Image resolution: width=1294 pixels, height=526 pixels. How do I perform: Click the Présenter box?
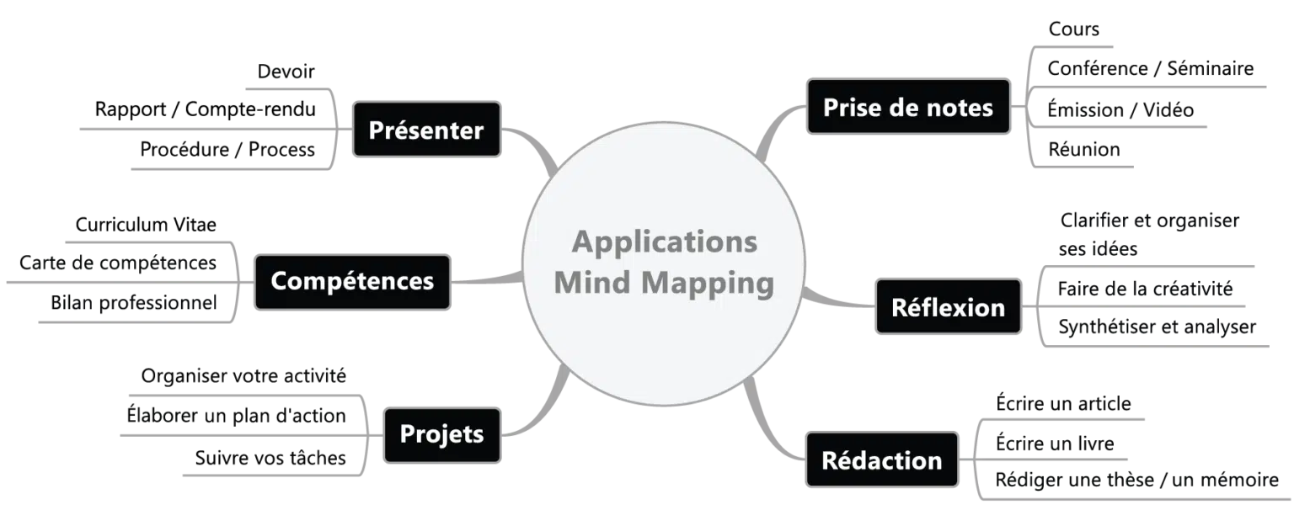click(427, 130)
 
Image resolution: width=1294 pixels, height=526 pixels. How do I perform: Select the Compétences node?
click(352, 280)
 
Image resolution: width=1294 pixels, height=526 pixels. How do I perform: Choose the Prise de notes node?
click(907, 108)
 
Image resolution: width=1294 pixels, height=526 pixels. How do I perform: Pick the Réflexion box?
click(948, 307)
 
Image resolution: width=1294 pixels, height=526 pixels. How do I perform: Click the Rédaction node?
click(881, 460)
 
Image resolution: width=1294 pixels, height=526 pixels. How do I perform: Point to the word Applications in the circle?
click(665, 242)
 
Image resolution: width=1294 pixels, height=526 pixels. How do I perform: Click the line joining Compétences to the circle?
click(489, 279)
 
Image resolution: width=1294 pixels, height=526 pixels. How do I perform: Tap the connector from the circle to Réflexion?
click(834, 300)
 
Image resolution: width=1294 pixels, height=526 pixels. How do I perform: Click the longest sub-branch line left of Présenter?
click(211, 128)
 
